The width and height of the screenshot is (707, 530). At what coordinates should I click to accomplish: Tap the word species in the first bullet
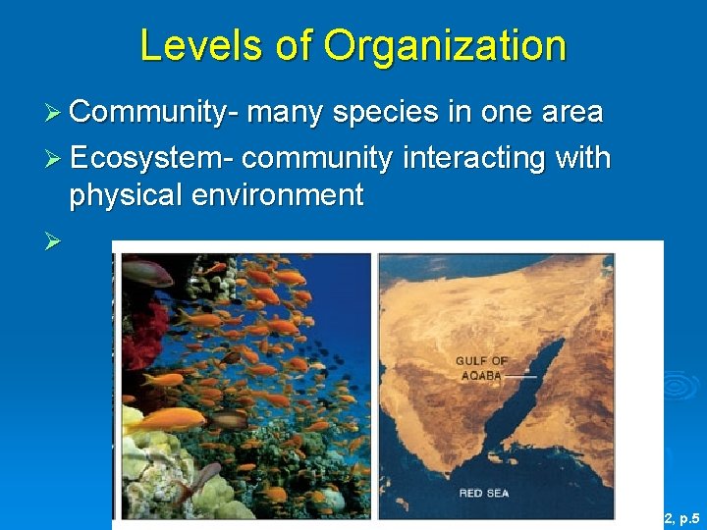(x=385, y=113)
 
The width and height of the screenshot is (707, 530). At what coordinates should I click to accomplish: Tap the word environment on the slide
(x=279, y=195)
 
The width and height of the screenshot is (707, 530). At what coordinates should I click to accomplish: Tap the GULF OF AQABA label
(x=481, y=368)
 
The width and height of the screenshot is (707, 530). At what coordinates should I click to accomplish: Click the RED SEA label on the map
(x=485, y=493)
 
